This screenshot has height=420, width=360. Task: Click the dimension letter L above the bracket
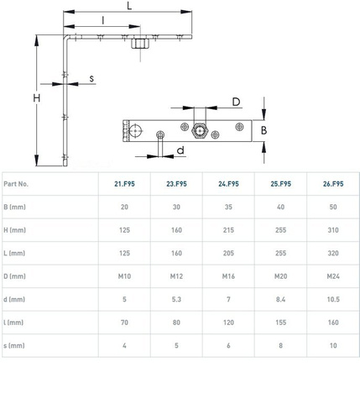pyautogui.click(x=129, y=6)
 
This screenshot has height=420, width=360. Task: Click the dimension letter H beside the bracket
pyautogui.click(x=37, y=98)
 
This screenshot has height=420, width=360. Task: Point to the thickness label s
pyautogui.click(x=91, y=79)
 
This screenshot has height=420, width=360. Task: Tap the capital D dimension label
pyautogui.click(x=237, y=102)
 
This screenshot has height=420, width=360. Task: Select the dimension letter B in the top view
pyautogui.click(x=263, y=130)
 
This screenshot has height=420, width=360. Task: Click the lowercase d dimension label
pyautogui.click(x=180, y=150)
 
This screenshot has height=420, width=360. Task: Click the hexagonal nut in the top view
pyautogui.click(x=200, y=130)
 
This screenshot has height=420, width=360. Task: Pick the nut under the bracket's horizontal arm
pyautogui.click(x=140, y=44)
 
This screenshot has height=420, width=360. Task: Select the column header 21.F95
pyautogui.click(x=124, y=184)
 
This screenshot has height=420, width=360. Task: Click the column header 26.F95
pyautogui.click(x=333, y=184)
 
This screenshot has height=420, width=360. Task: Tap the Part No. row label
pyautogui.click(x=16, y=184)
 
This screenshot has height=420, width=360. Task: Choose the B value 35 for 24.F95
pyautogui.click(x=228, y=207)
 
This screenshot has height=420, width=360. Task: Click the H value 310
pyautogui.click(x=333, y=230)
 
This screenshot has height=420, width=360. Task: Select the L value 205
pyautogui.click(x=228, y=253)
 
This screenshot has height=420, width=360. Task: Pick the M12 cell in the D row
pyautogui.click(x=176, y=276)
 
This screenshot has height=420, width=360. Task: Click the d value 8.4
pyautogui.click(x=280, y=299)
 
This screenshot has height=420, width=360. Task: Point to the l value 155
pyautogui.click(x=280, y=323)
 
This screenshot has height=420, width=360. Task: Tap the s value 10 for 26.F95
pyautogui.click(x=333, y=345)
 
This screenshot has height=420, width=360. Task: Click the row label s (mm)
pyautogui.click(x=14, y=345)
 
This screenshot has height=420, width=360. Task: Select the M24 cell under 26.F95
pyautogui.click(x=333, y=276)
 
